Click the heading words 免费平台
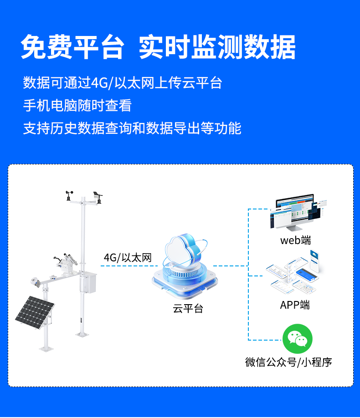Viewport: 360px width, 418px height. [x=72, y=47]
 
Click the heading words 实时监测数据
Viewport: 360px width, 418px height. [x=217, y=47]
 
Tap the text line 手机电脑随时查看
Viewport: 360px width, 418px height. [x=77, y=106]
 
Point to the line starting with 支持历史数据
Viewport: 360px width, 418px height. [x=132, y=128]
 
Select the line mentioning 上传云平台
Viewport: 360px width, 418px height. [x=123, y=83]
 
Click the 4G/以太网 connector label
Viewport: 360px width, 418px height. [x=127, y=258]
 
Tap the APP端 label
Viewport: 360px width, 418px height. [x=295, y=305]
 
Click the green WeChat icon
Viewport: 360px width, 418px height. [x=295, y=339]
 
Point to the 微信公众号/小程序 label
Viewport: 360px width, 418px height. [x=288, y=362]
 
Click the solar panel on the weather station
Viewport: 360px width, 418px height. [x=34, y=314]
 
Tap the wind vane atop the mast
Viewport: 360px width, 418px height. [x=97, y=196]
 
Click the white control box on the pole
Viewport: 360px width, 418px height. [x=88, y=282]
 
